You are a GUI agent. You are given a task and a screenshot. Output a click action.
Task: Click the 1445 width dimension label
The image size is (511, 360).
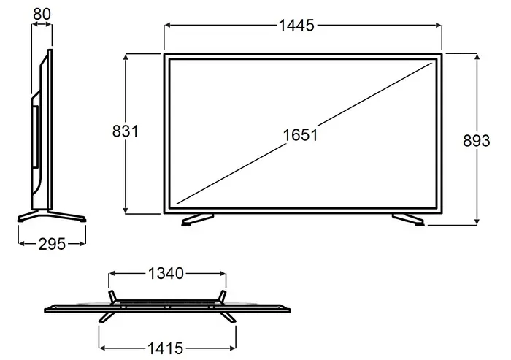tap(296, 26)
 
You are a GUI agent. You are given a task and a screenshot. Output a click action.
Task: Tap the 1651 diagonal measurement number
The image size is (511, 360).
tap(300, 135)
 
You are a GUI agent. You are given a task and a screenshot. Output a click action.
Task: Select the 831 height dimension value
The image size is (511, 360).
tap(126, 131)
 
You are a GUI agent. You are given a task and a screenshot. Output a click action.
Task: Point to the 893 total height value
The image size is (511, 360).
tap(477, 141)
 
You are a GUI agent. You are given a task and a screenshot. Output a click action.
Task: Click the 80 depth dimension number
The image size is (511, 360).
tap(42, 14)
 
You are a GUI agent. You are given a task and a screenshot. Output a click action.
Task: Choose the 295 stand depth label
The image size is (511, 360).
tap(52, 244)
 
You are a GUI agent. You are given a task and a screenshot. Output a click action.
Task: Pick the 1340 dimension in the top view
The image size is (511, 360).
tap(166, 273)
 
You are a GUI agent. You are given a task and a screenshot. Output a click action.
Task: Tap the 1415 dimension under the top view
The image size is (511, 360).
tap(166, 348)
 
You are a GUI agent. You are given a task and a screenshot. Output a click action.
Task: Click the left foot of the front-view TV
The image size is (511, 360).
tap(197, 220)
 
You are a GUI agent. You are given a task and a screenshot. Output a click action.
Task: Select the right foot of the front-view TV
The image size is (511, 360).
tap(408, 220)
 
